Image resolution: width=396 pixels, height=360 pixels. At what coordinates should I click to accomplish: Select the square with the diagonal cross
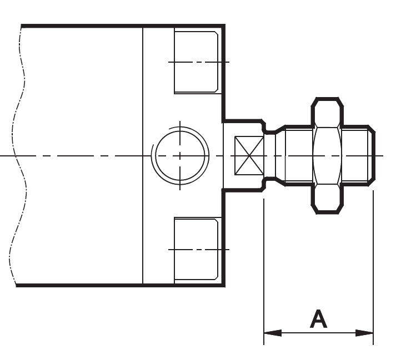point(248,155)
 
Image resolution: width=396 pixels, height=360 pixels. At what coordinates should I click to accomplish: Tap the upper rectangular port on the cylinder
point(196,62)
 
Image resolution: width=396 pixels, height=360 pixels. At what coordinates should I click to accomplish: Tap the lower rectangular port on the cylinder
point(196,249)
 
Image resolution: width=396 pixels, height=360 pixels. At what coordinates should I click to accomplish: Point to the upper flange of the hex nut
point(326,111)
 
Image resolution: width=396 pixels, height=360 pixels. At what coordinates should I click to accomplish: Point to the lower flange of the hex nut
point(326,199)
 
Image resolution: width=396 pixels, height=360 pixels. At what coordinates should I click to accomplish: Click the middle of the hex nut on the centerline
point(326,155)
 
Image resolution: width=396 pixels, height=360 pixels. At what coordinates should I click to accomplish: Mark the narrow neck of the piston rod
point(269,155)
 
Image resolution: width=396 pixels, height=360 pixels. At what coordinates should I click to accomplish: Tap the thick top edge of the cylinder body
point(122,26)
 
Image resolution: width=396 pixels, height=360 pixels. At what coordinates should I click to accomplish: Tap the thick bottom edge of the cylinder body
point(122,286)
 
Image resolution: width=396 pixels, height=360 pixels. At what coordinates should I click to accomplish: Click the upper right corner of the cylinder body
point(224,26)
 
